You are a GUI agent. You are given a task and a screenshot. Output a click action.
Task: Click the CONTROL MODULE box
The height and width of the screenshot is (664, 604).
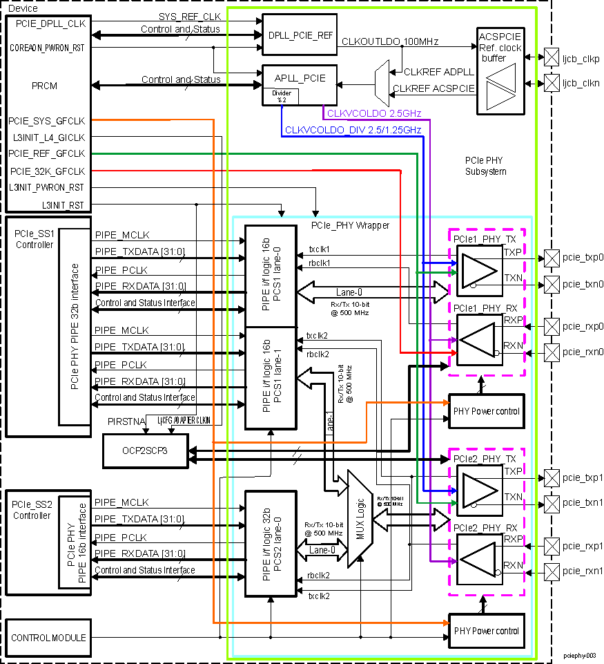coord(49,638)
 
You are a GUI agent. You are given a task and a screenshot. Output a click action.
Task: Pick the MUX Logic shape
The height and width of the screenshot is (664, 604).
coord(359,518)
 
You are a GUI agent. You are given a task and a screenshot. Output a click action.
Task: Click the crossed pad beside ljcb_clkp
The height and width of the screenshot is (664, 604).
coord(552,57)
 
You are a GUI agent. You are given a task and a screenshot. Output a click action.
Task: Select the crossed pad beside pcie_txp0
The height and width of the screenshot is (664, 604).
coord(552,257)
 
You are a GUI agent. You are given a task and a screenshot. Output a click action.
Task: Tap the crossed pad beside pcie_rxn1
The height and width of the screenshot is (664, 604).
coord(552,571)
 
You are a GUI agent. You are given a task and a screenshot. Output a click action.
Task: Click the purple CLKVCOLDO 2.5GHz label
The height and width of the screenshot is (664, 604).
coord(373,113)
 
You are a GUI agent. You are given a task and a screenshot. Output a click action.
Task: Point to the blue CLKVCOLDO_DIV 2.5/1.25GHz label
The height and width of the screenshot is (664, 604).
coord(353,130)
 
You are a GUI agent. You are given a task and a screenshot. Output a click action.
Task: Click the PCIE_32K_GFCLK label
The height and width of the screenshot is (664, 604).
coord(47,171)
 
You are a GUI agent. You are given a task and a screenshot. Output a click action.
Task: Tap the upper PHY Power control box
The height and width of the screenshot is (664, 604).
coord(486,412)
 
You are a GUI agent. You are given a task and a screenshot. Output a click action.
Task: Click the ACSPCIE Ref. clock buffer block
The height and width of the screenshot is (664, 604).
coord(501,71)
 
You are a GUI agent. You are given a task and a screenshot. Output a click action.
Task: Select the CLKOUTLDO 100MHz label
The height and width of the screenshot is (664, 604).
coord(390,42)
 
